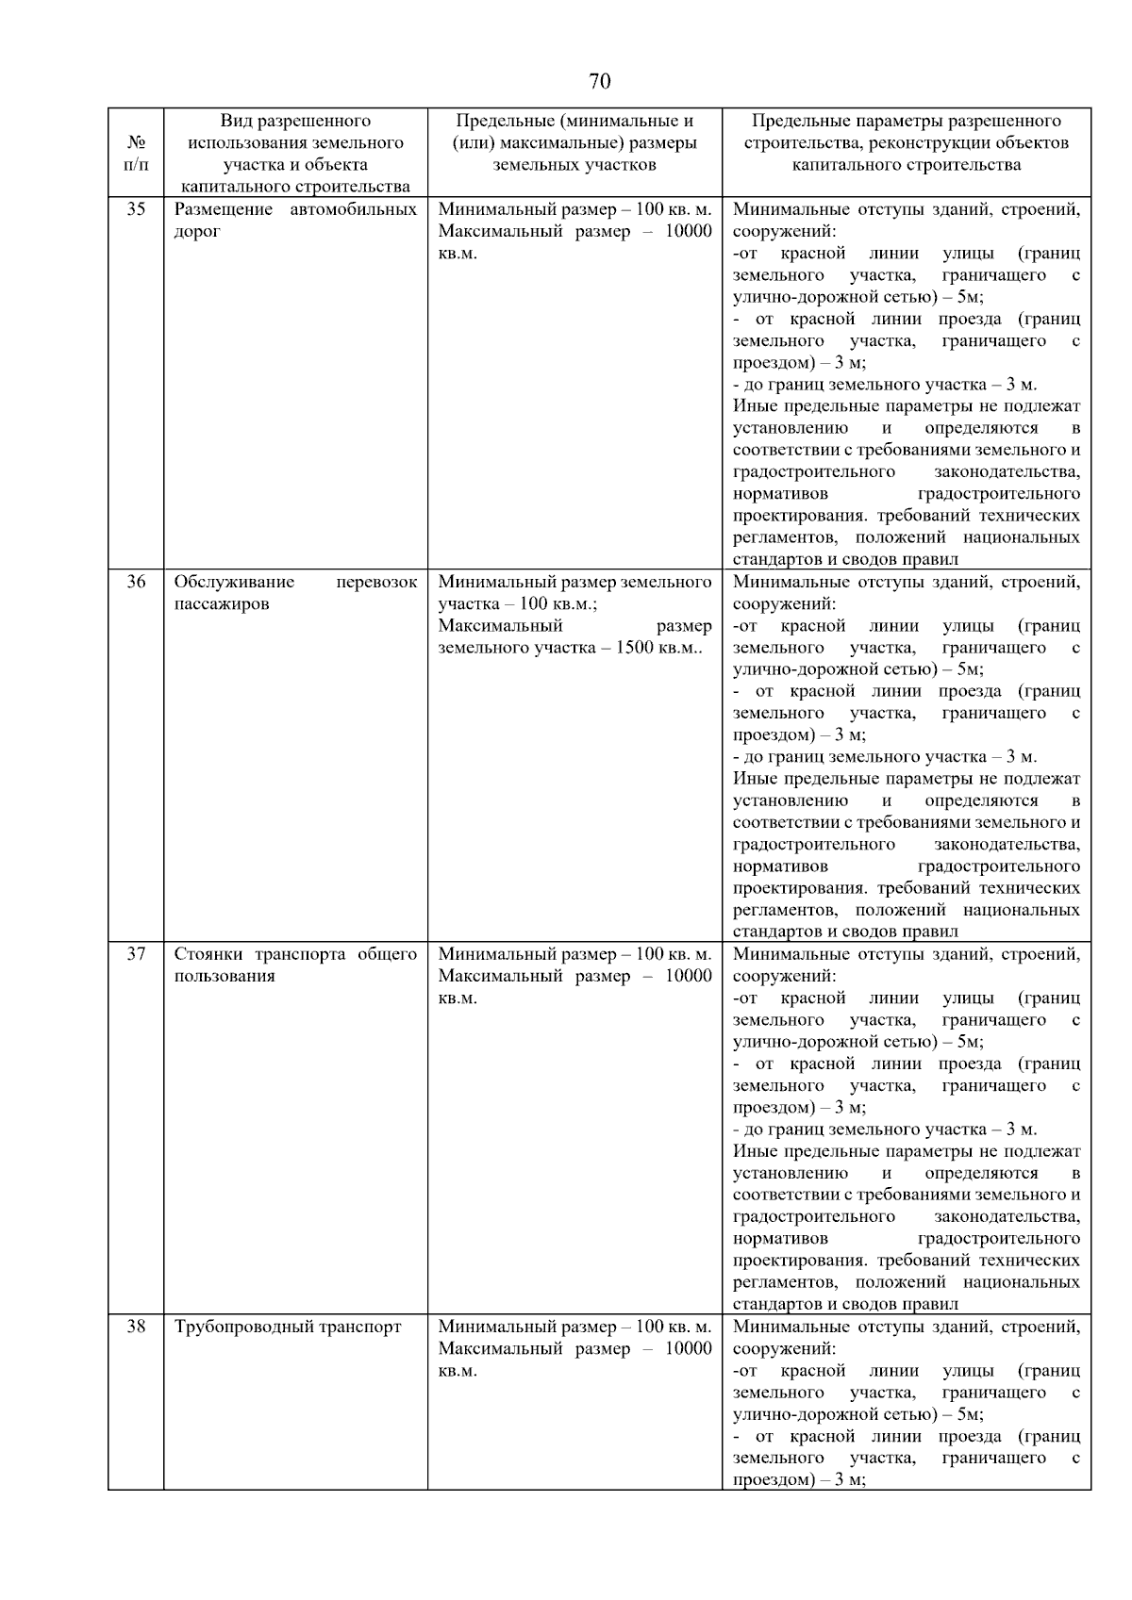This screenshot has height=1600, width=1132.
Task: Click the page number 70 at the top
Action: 599,81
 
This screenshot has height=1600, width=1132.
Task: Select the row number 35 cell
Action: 136,209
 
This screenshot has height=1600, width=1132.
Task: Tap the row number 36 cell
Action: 136,582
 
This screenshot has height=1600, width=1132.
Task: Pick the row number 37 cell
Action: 136,954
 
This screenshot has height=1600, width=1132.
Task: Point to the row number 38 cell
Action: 136,1327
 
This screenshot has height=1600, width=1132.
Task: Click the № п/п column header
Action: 136,154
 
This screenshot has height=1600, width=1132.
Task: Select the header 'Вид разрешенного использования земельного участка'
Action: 295,154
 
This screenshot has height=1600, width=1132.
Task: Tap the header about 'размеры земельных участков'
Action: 574,143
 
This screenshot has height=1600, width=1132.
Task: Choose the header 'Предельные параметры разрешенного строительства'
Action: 906,143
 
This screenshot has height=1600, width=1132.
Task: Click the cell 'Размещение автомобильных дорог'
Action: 295,221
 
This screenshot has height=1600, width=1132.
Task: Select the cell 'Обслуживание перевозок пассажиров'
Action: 295,593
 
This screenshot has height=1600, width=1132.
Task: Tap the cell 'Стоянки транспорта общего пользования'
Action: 295,965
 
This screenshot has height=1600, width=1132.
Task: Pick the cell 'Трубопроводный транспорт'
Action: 288,1328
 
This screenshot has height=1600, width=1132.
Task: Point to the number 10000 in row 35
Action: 688,232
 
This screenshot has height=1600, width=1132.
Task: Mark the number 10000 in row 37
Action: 688,977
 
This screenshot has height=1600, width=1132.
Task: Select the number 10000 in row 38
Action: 688,1349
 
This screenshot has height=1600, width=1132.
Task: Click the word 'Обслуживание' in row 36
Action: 234,582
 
